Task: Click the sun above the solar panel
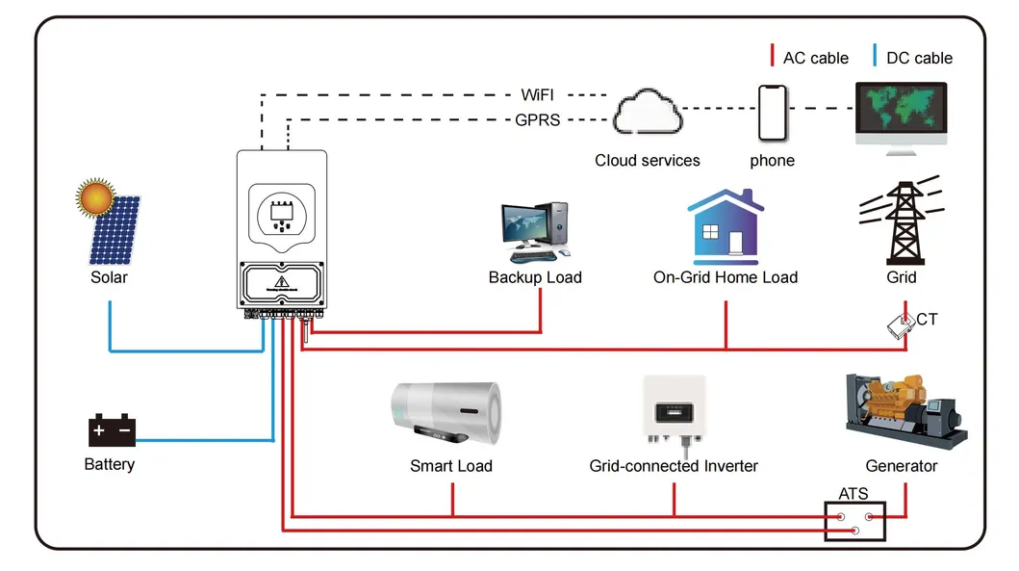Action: tap(96, 199)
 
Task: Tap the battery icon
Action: tap(112, 430)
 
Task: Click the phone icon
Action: tap(773, 114)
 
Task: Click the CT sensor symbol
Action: tap(901, 326)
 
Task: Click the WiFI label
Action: tap(537, 95)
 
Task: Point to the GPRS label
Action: tap(537, 120)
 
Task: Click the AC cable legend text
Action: tap(815, 58)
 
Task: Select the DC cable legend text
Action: tap(919, 58)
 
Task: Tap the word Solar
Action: tap(109, 277)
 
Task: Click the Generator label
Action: tap(901, 466)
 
